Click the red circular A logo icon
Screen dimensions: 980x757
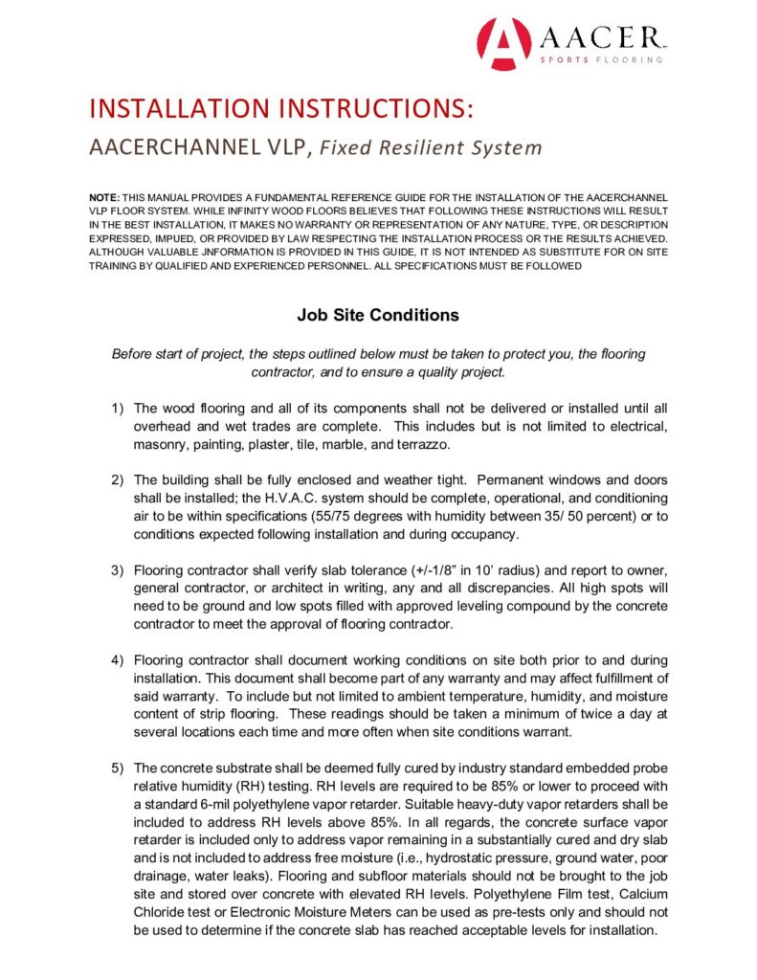[503, 43]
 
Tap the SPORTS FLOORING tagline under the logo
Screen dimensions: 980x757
[601, 59]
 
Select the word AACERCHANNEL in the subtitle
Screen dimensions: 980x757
[160, 148]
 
